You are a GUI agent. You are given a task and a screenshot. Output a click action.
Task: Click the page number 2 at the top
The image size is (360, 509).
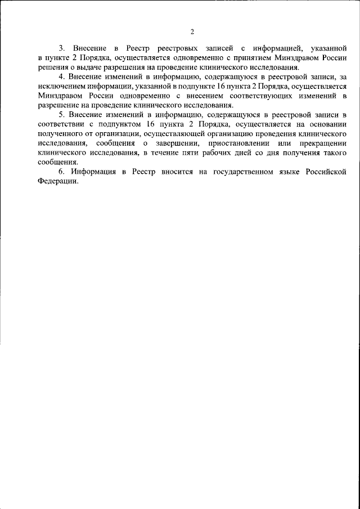click(x=192, y=31)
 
